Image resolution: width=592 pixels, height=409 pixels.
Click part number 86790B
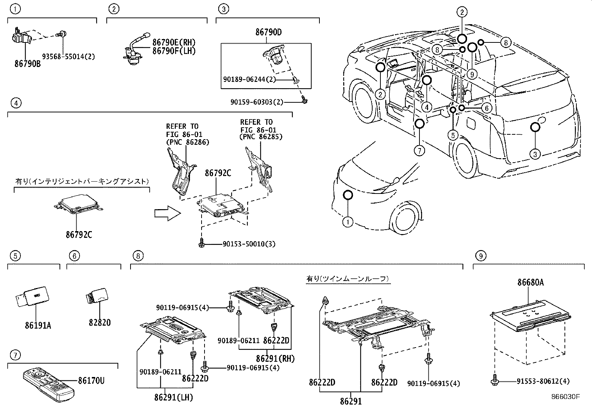pos(28,64)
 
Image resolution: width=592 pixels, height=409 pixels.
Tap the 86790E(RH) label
pos(174,43)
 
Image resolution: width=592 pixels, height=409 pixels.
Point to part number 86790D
pos(268,32)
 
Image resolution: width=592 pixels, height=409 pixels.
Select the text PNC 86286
pos(187,142)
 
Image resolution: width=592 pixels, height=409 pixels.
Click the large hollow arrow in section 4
pos(167,214)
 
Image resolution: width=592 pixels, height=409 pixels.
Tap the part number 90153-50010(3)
pos(249,244)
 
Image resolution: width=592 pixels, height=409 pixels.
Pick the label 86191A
pos(38,325)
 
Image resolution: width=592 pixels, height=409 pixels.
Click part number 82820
pos(100,322)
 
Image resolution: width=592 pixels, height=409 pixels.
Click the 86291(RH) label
pos(275,359)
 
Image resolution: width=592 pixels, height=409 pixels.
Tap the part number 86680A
pos(530,282)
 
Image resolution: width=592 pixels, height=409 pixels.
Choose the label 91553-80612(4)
pos(543,381)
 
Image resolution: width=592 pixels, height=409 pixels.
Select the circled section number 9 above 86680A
pos(481,256)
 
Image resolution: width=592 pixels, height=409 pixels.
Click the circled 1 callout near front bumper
pos(347,223)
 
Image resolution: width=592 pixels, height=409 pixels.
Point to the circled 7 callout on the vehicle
pos(419,151)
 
